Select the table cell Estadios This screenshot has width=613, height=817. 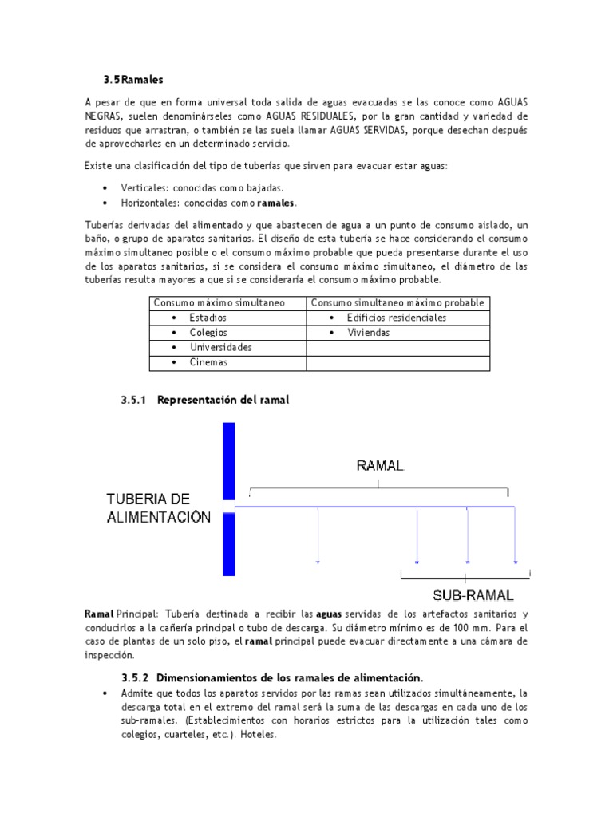pyautogui.click(x=208, y=318)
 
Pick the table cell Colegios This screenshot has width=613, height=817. pyautogui.click(x=208, y=333)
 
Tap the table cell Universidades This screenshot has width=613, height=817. pyautogui.click(x=220, y=348)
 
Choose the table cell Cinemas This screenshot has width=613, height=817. pyautogui.click(x=208, y=363)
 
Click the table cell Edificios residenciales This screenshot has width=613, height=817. pyautogui.click(x=396, y=318)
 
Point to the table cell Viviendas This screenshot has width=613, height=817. pyautogui.click(x=368, y=333)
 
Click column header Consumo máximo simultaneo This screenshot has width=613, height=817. pyautogui.click(x=219, y=303)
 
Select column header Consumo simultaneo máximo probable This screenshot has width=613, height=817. pyautogui.click(x=397, y=303)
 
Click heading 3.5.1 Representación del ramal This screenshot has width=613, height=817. pyautogui.click(x=204, y=401)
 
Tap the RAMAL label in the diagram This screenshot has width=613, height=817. pyautogui.click(x=380, y=466)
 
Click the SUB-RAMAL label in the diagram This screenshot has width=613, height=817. pyautogui.click(x=473, y=595)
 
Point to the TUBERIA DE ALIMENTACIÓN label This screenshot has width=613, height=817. pyautogui.click(x=159, y=507)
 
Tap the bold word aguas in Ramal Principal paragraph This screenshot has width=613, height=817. pyautogui.click(x=329, y=614)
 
